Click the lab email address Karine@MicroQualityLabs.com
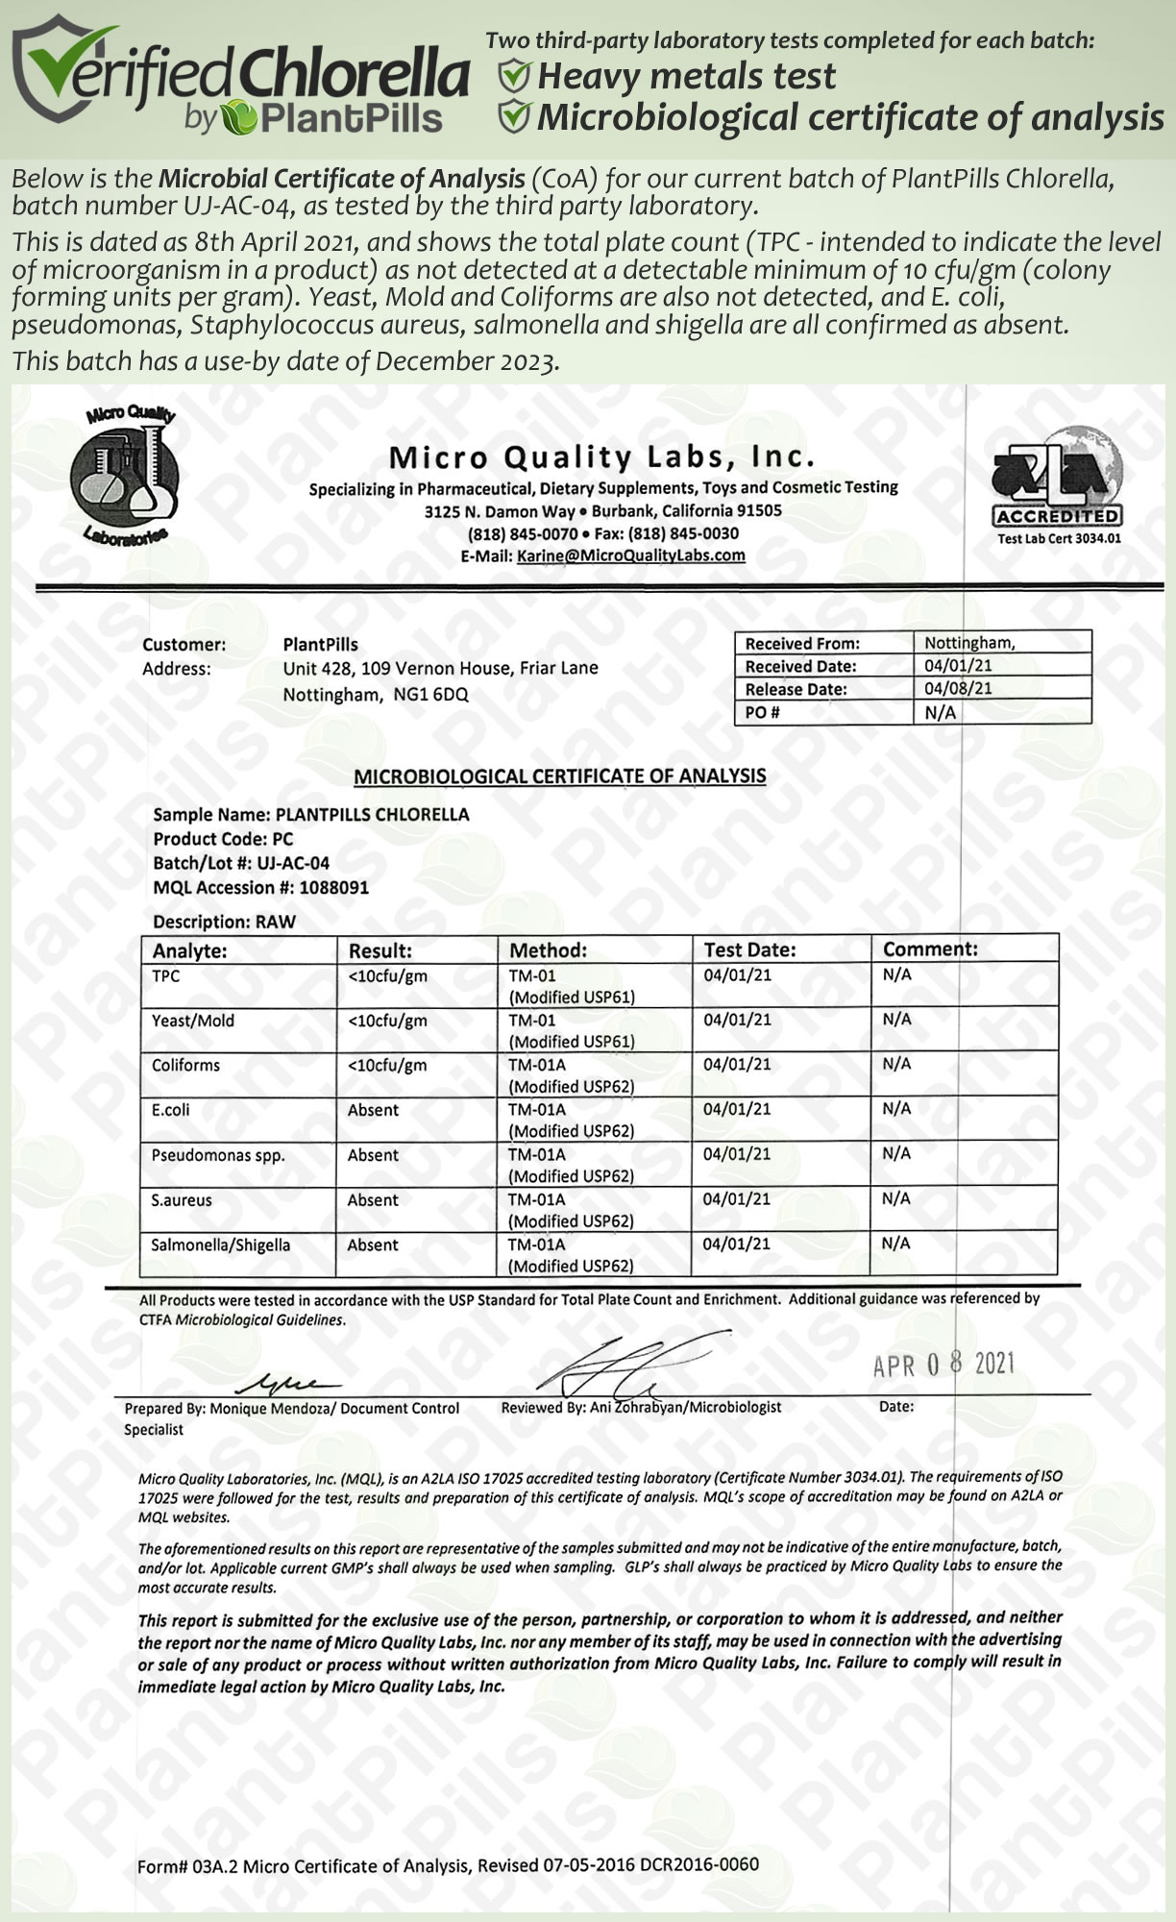coord(630,555)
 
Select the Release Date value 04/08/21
coord(958,688)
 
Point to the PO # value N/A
coord(941,712)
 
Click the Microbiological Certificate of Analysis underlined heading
coord(559,776)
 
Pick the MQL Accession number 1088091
coord(333,888)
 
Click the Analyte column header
coord(190,950)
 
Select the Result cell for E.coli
coord(373,1110)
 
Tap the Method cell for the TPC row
coord(572,986)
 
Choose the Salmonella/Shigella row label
coord(221,1245)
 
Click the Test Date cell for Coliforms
coord(737,1065)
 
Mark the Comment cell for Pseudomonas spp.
coord(896,1153)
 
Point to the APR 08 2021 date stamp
coord(943,1365)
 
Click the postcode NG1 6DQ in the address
coord(430,695)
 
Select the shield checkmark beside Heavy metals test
coord(515,76)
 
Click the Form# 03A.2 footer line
coord(448,1865)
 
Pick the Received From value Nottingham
coord(969,642)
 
